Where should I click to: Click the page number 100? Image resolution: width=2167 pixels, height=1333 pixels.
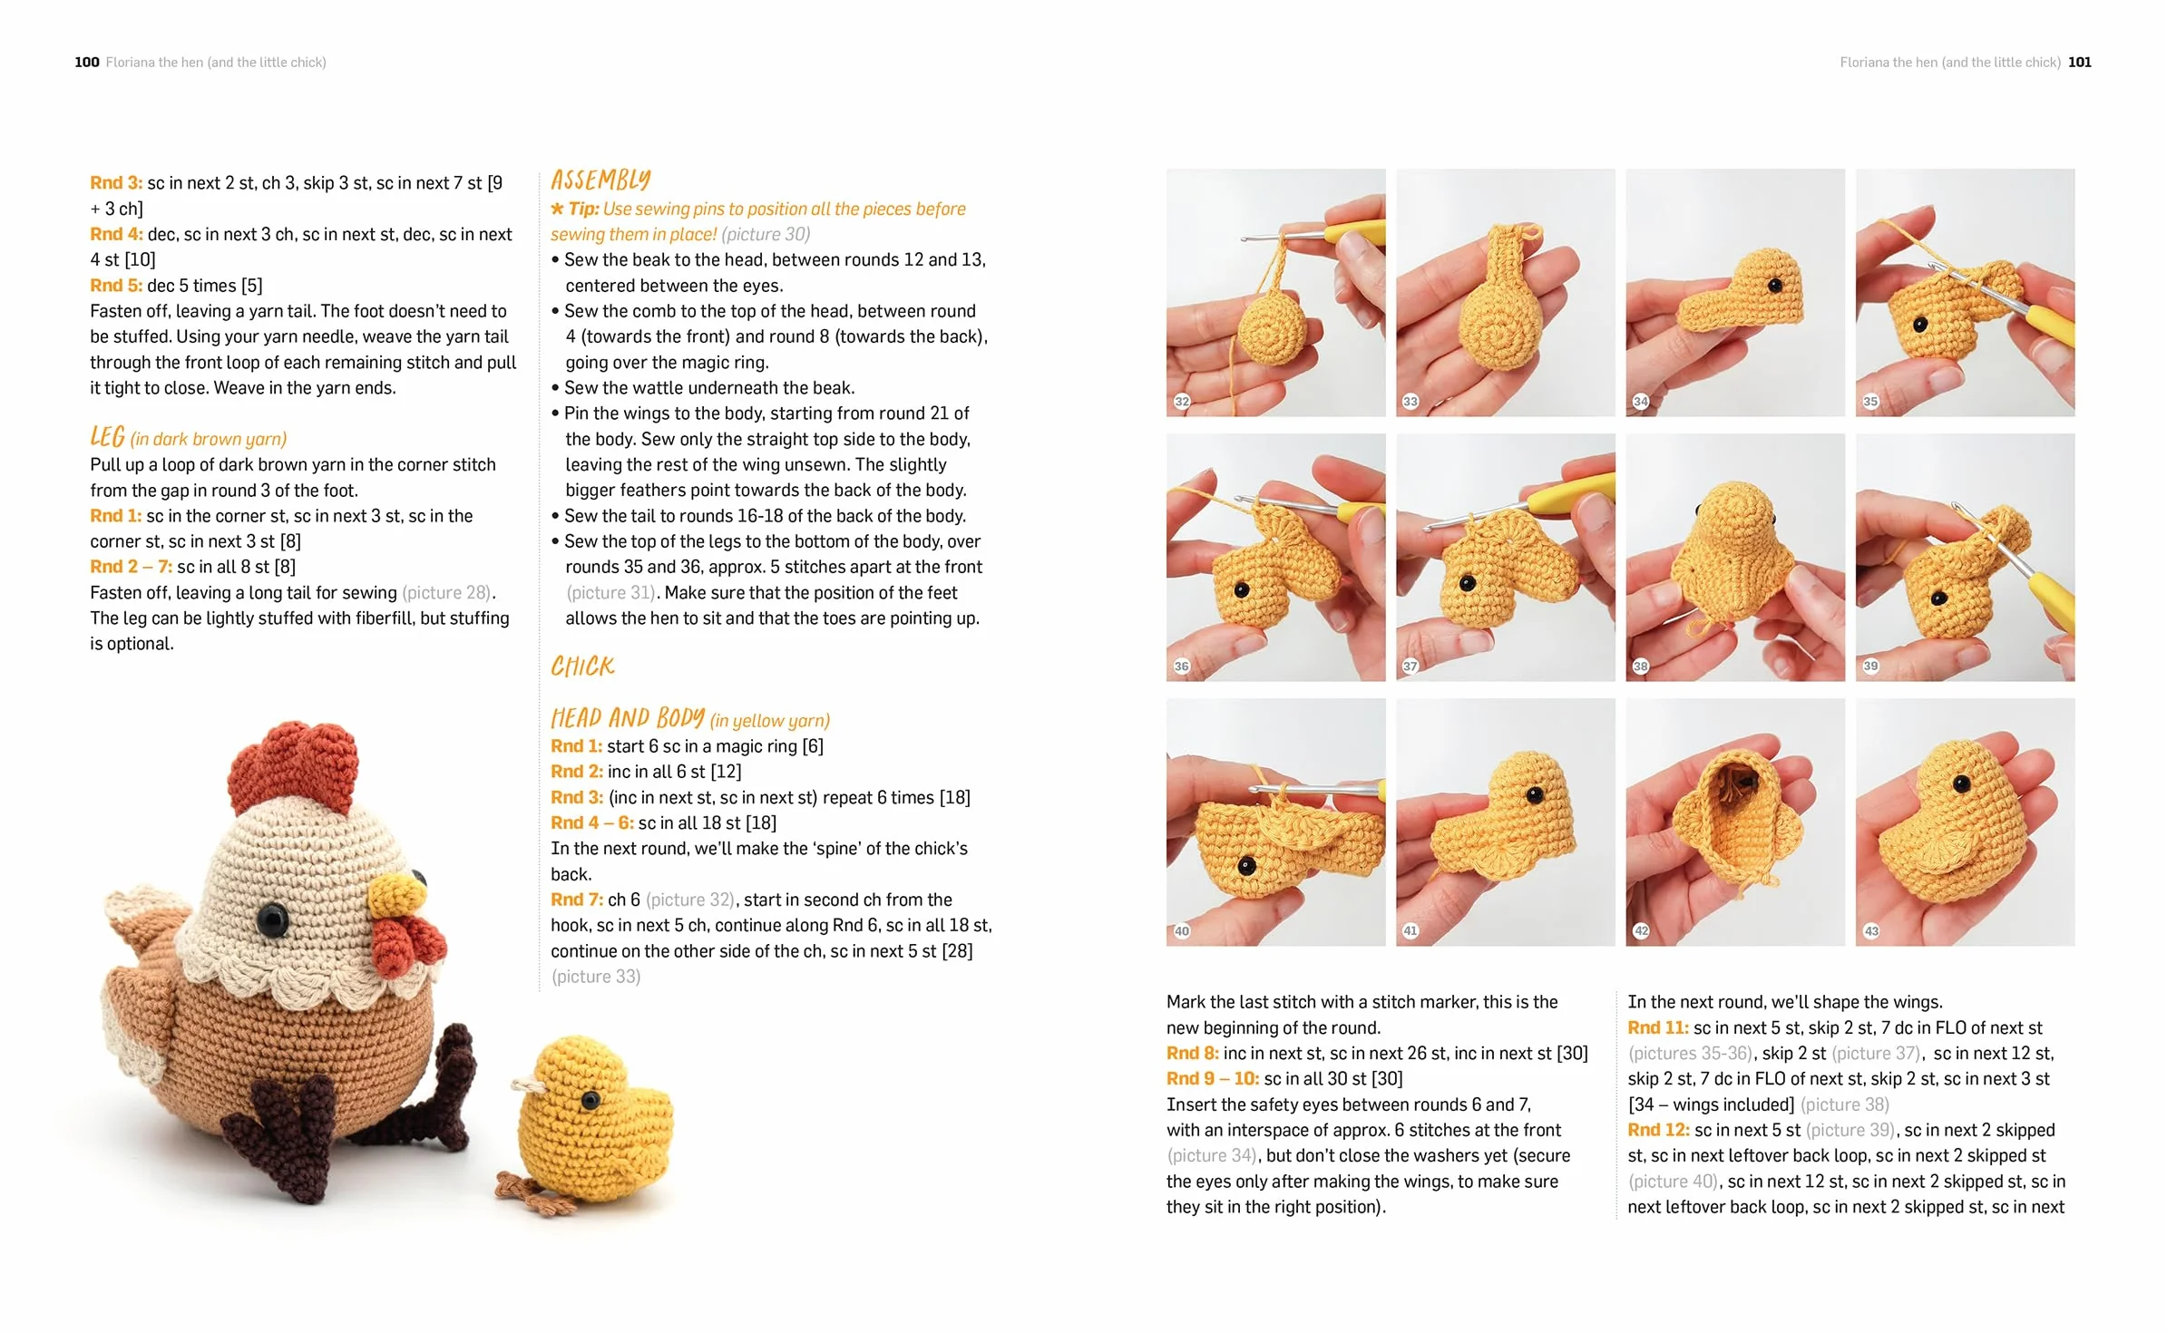[x=87, y=62]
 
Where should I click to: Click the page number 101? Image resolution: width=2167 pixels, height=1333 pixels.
[x=2080, y=62]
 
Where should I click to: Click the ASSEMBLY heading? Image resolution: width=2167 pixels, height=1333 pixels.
[x=600, y=180]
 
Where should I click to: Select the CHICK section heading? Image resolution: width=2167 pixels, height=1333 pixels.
[x=582, y=666]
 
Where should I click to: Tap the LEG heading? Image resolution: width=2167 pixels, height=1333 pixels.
[x=107, y=437]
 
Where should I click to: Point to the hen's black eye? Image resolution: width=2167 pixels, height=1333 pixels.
[x=270, y=919]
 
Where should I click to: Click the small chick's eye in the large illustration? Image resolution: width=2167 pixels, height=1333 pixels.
[x=591, y=1101]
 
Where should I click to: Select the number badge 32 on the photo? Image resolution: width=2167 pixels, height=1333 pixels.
[x=1182, y=401]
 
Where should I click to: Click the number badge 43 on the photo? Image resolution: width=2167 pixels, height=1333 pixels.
[x=1871, y=930]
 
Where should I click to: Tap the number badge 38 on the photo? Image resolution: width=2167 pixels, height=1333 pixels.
[x=1641, y=666]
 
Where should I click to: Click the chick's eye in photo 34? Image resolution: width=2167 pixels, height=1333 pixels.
[x=1775, y=286]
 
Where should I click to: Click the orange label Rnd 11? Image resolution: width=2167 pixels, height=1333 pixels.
[x=1658, y=1027]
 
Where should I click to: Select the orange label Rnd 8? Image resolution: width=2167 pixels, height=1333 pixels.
[x=1193, y=1053]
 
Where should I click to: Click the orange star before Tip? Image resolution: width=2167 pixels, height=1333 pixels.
[x=557, y=209]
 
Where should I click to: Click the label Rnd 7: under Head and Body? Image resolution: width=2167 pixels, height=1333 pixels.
[x=576, y=900]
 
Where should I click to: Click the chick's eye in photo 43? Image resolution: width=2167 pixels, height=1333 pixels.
[x=1961, y=783]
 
